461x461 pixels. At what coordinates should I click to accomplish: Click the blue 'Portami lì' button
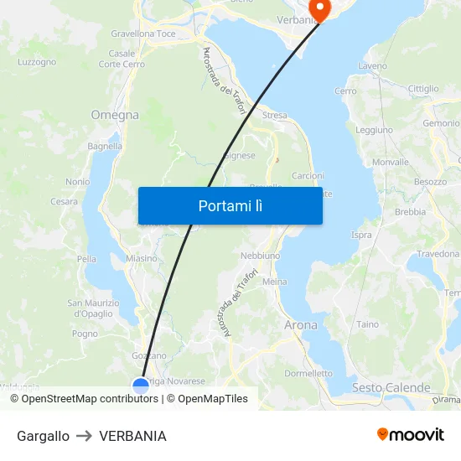coord(230,205)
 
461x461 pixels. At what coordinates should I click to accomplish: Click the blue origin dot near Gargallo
coord(141,386)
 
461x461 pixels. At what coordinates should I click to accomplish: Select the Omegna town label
coord(115,115)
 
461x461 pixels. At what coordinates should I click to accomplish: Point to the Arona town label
coord(301,324)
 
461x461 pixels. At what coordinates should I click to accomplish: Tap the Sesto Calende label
coord(391,387)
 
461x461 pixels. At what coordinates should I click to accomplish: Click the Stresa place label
coord(275,116)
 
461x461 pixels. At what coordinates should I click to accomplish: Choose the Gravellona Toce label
coord(143,34)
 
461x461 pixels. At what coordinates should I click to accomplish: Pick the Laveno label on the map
coord(372,65)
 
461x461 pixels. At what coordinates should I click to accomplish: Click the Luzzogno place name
coord(37,62)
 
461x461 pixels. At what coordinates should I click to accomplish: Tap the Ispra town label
coord(361,235)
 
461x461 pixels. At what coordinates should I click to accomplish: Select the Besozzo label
coord(430,181)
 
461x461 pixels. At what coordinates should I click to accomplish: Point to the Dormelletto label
coord(308,373)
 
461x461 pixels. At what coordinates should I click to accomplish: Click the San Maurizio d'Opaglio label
coord(88,308)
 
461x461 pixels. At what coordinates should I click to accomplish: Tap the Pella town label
coord(87,259)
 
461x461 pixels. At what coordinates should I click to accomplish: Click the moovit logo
coord(410,435)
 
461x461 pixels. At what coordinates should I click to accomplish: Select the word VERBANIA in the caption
coord(132,436)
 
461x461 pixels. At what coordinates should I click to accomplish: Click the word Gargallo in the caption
coord(43,436)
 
